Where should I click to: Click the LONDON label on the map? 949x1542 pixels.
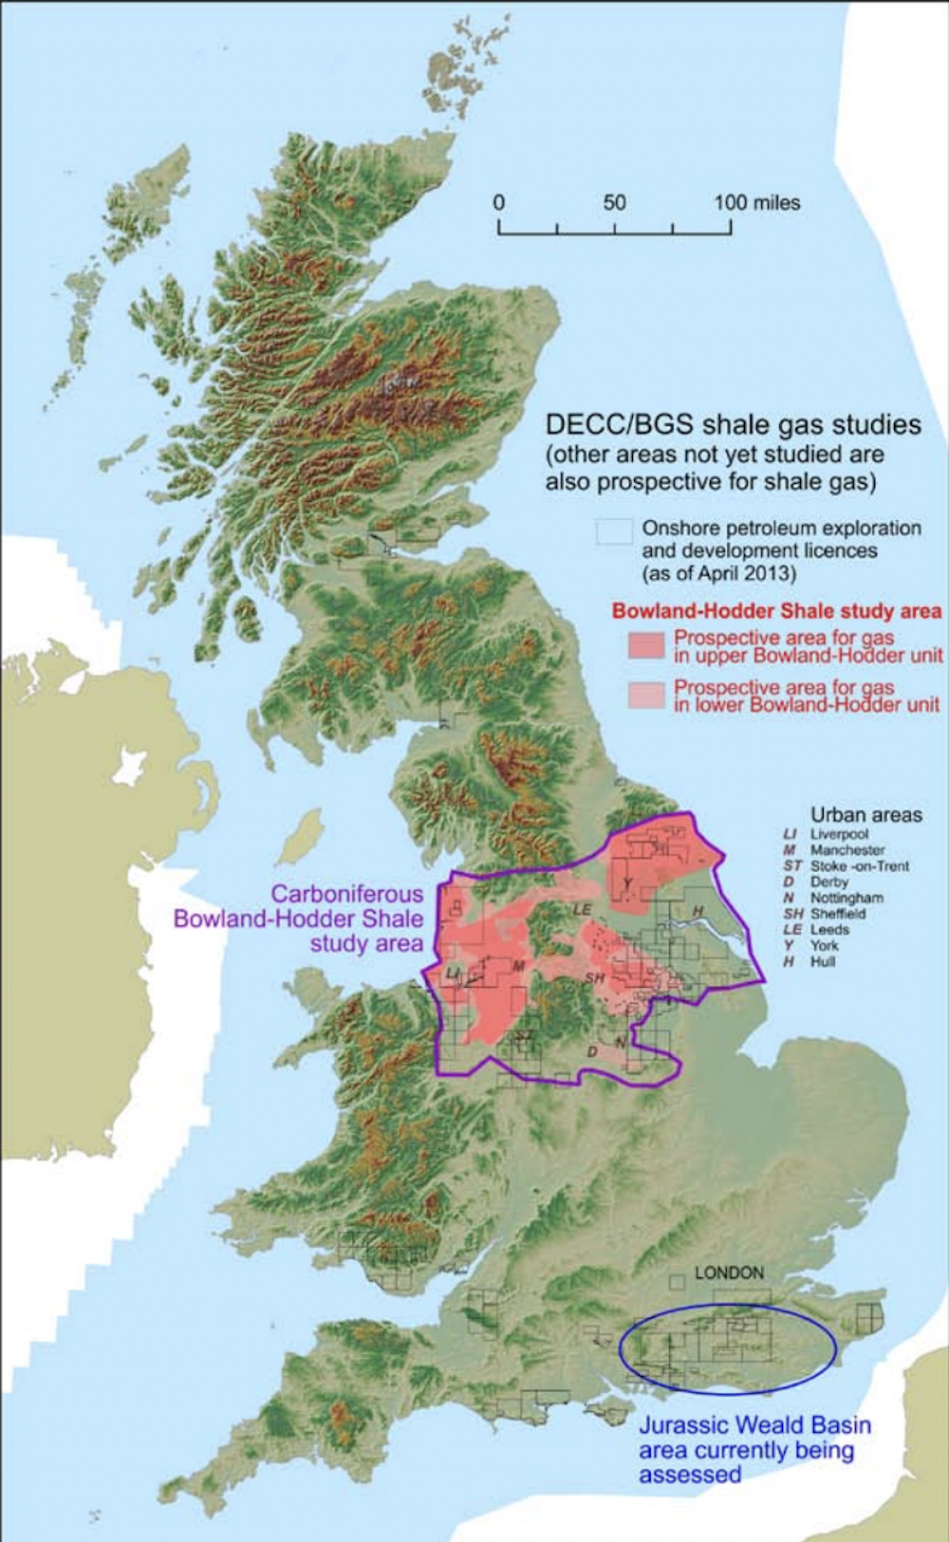pyautogui.click(x=729, y=1273)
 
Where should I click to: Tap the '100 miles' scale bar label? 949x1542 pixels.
pyautogui.click(x=757, y=202)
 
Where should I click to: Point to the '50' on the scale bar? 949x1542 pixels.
pyautogui.click(x=614, y=202)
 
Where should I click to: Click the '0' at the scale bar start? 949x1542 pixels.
pyautogui.click(x=499, y=202)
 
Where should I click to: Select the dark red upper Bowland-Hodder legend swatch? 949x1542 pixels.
pyautogui.click(x=646, y=646)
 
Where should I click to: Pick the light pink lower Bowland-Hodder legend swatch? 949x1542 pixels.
pyautogui.click(x=646, y=696)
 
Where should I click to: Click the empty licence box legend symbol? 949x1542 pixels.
pyautogui.click(x=614, y=532)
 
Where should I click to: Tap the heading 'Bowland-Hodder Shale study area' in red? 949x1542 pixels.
pyautogui.click(x=776, y=611)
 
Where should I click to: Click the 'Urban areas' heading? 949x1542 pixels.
pyautogui.click(x=865, y=814)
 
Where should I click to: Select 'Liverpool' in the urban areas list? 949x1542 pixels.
pyautogui.click(x=839, y=834)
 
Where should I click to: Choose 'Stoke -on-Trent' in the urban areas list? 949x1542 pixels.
pyautogui.click(x=859, y=865)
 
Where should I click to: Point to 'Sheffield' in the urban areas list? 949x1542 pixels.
pyautogui.click(x=837, y=914)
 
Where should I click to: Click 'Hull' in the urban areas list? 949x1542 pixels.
pyautogui.click(x=822, y=961)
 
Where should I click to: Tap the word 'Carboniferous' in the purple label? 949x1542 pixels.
pyautogui.click(x=347, y=894)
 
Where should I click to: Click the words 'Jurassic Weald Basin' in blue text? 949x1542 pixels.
pyautogui.click(x=754, y=1424)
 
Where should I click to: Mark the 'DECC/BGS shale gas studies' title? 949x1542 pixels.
pyautogui.click(x=733, y=424)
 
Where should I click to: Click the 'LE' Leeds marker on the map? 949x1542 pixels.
pyautogui.click(x=582, y=909)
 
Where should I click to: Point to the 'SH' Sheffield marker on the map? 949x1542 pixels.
pyautogui.click(x=594, y=977)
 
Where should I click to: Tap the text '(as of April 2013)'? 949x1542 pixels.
pyautogui.click(x=718, y=573)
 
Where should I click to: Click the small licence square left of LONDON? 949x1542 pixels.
pyautogui.click(x=677, y=1282)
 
